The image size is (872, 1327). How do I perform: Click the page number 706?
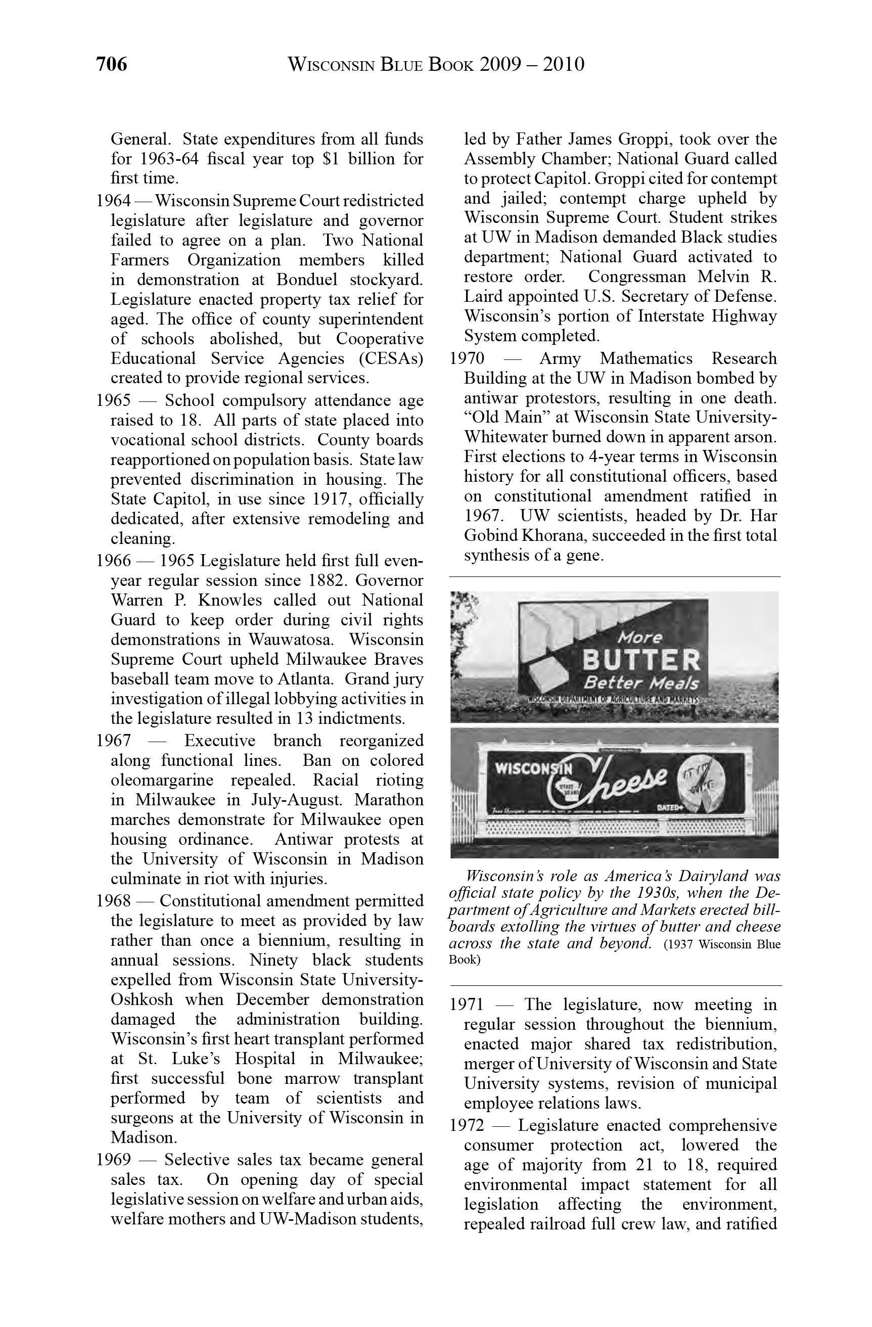coord(112,65)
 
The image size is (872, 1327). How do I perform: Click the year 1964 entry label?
coord(113,201)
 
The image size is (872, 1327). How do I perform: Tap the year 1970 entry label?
coord(467,358)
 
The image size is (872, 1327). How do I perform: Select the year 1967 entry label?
coord(113,741)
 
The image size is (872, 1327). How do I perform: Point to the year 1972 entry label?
coord(467,1126)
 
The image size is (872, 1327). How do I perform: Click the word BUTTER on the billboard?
coord(640,661)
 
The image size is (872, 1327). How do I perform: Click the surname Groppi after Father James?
coord(636,139)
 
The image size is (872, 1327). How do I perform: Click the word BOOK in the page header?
coord(450,65)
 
